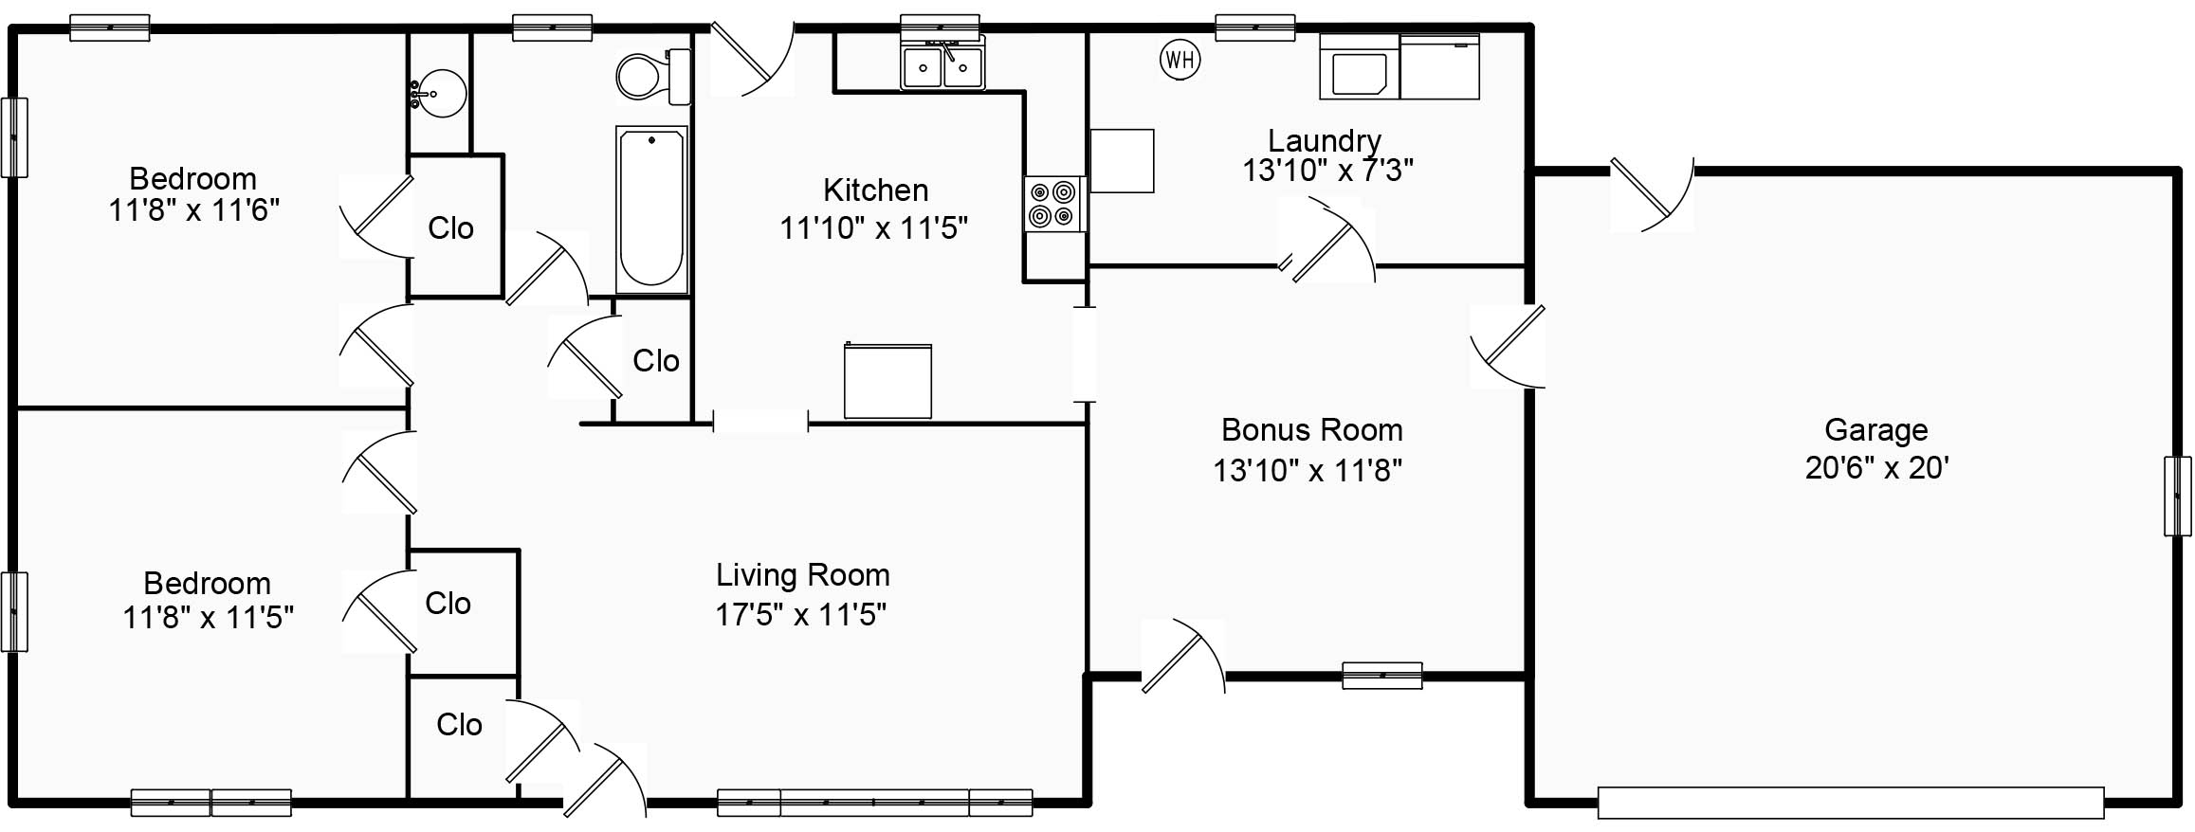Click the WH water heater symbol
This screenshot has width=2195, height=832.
coord(1180,61)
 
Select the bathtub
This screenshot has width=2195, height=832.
coord(651,209)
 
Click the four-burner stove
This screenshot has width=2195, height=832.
coord(1053,204)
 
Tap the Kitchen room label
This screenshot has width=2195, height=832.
coord(875,190)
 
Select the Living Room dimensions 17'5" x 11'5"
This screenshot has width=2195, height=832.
coord(800,615)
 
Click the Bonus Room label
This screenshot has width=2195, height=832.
coord(1311,430)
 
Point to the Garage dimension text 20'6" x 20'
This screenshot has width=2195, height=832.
coord(1876,468)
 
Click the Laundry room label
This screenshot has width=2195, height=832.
coord(1325,141)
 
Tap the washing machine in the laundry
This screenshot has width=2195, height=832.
coord(1360,66)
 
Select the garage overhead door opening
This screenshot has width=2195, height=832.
coord(1850,803)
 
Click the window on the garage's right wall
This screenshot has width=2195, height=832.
coord(2178,496)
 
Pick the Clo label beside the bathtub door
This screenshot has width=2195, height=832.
coord(656,361)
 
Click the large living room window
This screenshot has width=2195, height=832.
coord(874,803)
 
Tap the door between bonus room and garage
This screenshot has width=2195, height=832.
coord(1508,346)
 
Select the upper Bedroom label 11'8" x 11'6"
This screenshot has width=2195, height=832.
coord(193,194)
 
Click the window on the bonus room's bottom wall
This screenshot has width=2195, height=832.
coord(1382,676)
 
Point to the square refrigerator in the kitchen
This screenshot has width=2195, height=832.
coord(887,380)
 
